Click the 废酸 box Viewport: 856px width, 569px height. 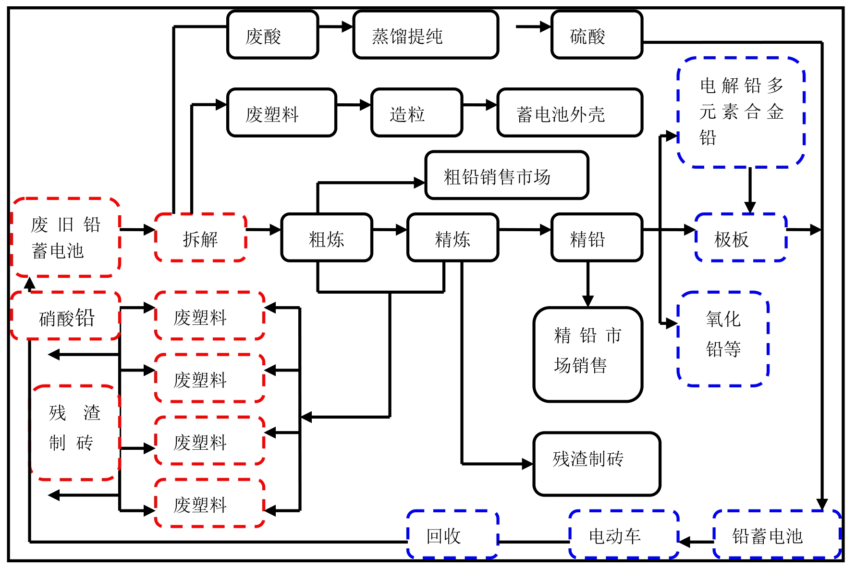[x=272, y=35]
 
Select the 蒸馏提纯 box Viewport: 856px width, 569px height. [x=426, y=35]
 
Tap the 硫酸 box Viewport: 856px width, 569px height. [x=597, y=35]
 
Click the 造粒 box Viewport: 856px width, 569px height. [x=416, y=113]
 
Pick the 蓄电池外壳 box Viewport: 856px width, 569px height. [x=569, y=113]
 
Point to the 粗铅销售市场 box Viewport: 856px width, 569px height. [x=507, y=175]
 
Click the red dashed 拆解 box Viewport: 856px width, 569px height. [x=200, y=238]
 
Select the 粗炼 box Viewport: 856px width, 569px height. [x=327, y=238]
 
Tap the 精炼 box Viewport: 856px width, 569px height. [x=452, y=238]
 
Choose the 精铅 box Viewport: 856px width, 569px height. [x=597, y=238]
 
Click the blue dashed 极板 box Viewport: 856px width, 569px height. [x=741, y=238]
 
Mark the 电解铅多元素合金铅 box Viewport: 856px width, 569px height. [x=741, y=112]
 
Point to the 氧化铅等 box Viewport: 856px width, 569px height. [x=723, y=338]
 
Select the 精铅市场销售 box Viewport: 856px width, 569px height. [x=587, y=354]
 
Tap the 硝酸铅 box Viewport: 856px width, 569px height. [x=66, y=316]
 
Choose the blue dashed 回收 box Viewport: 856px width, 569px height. [x=452, y=534]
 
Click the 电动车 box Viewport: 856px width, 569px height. [x=624, y=534]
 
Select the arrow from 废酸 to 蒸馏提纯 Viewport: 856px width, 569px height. [x=336, y=26]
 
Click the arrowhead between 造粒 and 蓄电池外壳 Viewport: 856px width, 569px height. [x=491, y=105]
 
